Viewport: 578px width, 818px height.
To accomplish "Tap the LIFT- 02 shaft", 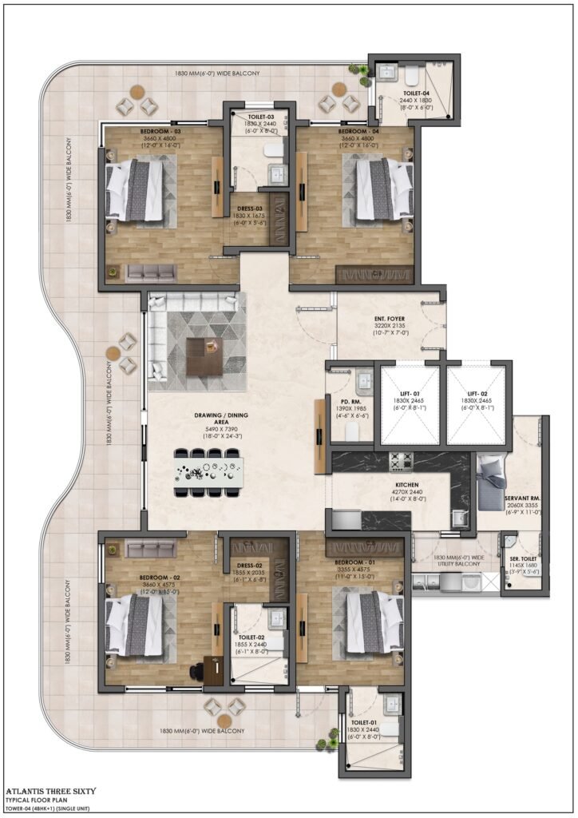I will pyautogui.click(x=477, y=415).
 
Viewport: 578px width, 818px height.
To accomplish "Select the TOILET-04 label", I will pyautogui.click(x=416, y=93).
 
